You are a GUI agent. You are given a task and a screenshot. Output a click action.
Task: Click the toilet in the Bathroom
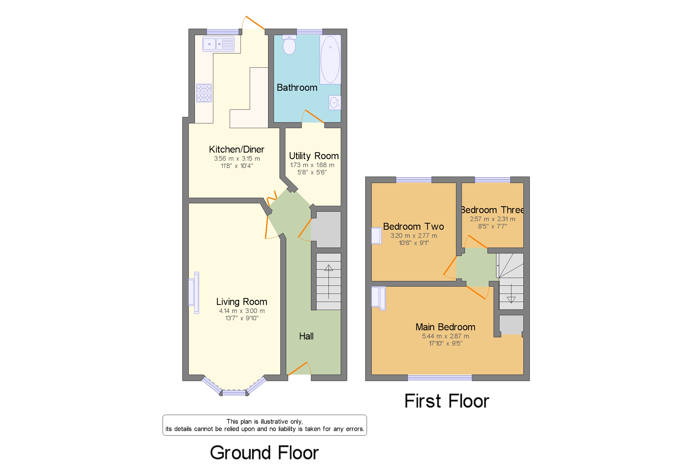tap(289, 46)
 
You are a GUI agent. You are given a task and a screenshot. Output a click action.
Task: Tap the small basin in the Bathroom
tap(335, 103)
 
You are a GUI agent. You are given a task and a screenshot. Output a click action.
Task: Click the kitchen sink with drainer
tap(218, 44)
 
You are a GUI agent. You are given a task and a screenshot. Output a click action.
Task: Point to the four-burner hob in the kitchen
tap(204, 93)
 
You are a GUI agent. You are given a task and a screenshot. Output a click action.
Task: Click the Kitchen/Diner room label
tap(236, 150)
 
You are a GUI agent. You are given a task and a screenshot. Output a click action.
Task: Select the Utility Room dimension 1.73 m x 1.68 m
tap(312, 165)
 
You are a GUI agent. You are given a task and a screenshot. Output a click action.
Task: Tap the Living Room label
tap(241, 302)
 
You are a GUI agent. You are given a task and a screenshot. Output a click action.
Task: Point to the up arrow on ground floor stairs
tap(328, 281)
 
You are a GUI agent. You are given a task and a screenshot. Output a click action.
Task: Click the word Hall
tap(306, 336)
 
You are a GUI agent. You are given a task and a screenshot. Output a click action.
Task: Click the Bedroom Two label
tap(413, 227)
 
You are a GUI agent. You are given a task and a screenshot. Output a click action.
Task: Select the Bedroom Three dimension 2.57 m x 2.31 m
tap(492, 219)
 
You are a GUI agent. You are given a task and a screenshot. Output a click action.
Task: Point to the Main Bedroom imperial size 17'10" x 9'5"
tap(445, 343)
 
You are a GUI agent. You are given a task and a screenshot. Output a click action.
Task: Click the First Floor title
tap(446, 401)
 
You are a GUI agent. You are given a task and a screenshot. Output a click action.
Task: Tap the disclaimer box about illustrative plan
tap(264, 425)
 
